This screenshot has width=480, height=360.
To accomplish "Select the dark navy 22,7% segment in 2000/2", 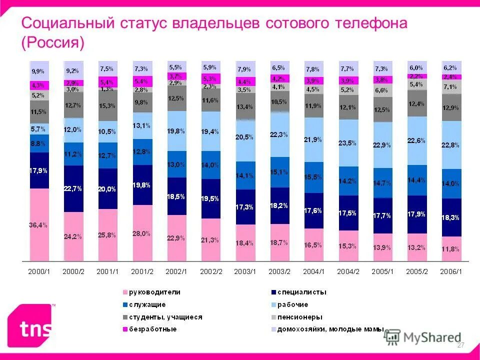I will (x=73, y=188).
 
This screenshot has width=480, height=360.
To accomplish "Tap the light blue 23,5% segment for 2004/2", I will (x=348, y=143).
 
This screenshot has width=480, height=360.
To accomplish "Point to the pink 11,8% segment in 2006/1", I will (x=451, y=248).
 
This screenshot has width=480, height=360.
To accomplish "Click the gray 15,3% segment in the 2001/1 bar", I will (x=108, y=106).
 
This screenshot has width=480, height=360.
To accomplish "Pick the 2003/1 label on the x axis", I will (x=245, y=271).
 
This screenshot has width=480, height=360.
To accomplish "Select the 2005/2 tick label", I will (x=417, y=271).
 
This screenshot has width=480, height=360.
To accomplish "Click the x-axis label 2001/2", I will (x=142, y=271).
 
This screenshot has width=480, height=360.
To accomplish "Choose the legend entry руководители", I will (x=154, y=292).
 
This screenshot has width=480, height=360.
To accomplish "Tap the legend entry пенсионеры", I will (x=300, y=317).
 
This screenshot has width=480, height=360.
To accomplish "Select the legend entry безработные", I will (x=152, y=329).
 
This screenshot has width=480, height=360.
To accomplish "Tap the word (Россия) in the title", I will (x=52, y=43).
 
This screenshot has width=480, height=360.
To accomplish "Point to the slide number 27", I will (x=461, y=345).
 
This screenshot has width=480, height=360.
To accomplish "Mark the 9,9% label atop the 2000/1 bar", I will (x=38, y=71).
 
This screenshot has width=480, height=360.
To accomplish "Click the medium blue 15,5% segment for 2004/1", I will (x=314, y=177).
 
